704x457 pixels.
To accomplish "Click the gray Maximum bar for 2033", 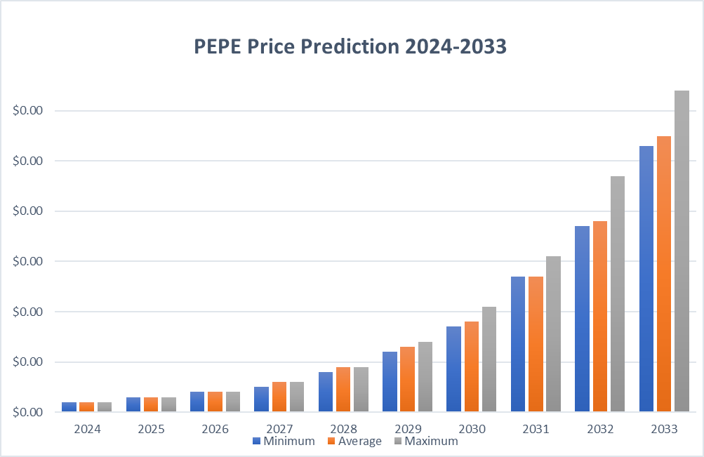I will [x=682, y=251].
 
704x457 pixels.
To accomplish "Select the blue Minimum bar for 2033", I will [x=646, y=279].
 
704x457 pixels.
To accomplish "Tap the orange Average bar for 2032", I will [x=600, y=316].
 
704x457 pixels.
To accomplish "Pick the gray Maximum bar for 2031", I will [x=553, y=333].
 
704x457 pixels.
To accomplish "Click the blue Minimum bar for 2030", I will [x=453, y=369].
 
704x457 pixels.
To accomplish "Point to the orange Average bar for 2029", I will [x=407, y=379].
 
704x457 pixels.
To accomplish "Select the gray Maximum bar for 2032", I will [x=618, y=293].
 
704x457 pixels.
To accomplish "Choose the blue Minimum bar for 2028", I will [x=325, y=392].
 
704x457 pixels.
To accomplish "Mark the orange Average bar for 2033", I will [x=664, y=274].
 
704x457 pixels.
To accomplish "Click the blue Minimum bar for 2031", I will [x=518, y=344].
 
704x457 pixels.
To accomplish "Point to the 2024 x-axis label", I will [x=87, y=428].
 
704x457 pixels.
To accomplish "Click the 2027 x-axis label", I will [x=279, y=428].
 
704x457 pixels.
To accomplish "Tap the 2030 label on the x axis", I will [x=471, y=428].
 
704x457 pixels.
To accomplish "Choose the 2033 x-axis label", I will [x=664, y=428].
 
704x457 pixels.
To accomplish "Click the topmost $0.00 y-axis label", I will [x=28, y=111].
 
